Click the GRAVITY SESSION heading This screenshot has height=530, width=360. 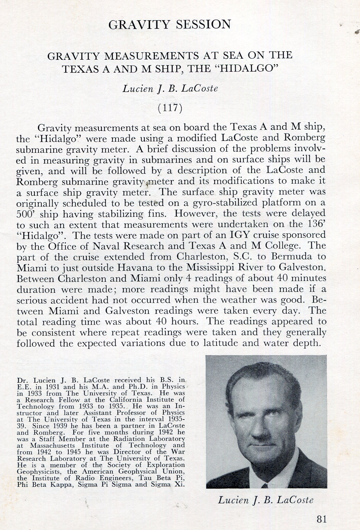169,24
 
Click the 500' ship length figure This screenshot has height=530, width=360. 24,214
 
